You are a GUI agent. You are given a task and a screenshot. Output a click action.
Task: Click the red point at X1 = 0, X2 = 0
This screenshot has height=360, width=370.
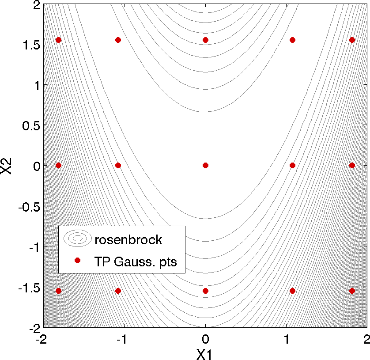(x=205, y=165)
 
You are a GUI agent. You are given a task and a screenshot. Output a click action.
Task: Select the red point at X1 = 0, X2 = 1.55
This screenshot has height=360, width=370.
(x=205, y=40)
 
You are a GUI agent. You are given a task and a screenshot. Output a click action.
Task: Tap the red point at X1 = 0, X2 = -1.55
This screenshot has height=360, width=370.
(x=205, y=291)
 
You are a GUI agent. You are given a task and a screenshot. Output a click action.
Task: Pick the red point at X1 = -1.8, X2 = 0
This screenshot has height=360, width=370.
(x=58, y=165)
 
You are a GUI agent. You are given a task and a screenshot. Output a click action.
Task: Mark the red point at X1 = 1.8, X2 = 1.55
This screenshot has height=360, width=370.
(x=352, y=40)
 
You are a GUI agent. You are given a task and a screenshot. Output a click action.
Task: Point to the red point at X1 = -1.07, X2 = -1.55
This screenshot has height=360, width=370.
(x=118, y=291)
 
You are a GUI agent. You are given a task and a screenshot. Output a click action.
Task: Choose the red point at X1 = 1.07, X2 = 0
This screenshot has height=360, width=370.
(x=292, y=165)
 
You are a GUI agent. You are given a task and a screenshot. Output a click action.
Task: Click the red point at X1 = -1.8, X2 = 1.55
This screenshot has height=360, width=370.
(x=58, y=40)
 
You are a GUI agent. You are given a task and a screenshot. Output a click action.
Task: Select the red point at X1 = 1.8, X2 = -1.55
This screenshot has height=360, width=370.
(x=352, y=291)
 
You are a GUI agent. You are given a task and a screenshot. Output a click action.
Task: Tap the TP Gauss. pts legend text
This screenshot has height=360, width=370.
(x=135, y=261)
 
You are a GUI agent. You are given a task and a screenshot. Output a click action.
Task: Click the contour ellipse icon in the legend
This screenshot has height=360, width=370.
(x=77, y=238)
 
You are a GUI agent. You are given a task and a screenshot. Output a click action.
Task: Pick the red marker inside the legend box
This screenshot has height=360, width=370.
(x=77, y=261)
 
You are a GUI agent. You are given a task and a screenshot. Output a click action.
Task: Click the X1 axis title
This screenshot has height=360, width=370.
(x=205, y=353)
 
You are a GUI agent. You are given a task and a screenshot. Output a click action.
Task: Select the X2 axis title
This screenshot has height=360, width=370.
(x=8, y=165)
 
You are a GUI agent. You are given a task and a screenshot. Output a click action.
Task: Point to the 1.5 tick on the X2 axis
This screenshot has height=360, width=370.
(x=30, y=45)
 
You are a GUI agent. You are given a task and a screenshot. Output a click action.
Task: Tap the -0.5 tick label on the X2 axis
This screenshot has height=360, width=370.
(x=28, y=206)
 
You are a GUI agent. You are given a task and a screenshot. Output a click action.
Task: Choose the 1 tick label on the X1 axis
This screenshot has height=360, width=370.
(x=287, y=340)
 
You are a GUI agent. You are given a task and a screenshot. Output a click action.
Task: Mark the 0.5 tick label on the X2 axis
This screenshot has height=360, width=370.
(x=30, y=125)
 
